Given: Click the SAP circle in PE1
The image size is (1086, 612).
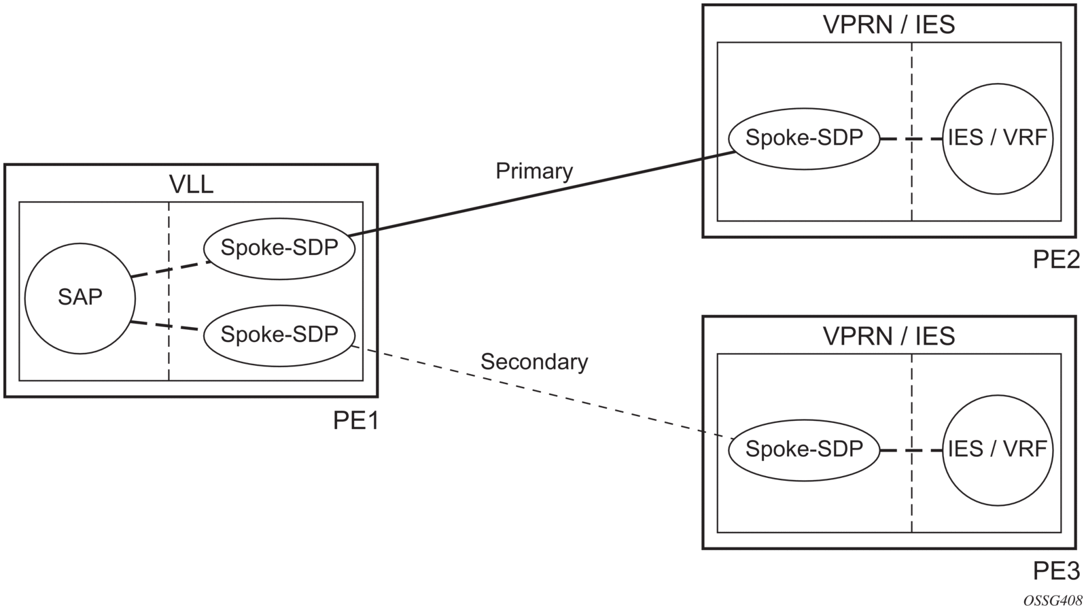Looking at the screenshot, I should pyautogui.click(x=80, y=298).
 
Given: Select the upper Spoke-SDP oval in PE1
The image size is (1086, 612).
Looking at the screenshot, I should pyautogui.click(x=279, y=248).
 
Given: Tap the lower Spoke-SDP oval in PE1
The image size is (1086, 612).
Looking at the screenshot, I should pyautogui.click(x=279, y=335).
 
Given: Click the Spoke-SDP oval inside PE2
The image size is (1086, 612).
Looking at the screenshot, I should pyautogui.click(x=804, y=138).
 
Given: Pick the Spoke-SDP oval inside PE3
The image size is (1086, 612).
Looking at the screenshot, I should pyautogui.click(x=804, y=449).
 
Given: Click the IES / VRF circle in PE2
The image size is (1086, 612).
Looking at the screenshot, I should pyautogui.click(x=997, y=138).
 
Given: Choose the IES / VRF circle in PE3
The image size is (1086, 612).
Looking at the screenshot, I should pyautogui.click(x=997, y=449).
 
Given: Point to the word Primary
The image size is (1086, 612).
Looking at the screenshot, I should pyautogui.click(x=534, y=171).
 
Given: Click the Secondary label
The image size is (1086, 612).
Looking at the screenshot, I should pyautogui.click(x=534, y=362).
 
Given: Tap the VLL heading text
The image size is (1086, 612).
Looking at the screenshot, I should pyautogui.click(x=191, y=184).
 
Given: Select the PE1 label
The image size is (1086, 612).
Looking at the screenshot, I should pyautogui.click(x=355, y=421).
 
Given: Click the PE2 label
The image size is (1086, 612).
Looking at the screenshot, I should pyautogui.click(x=1056, y=259).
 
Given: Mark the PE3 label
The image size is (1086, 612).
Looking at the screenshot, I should pyautogui.click(x=1056, y=571).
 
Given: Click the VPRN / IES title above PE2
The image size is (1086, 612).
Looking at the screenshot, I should pyautogui.click(x=889, y=24).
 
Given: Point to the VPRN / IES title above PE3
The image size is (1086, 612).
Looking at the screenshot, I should pyautogui.click(x=889, y=336).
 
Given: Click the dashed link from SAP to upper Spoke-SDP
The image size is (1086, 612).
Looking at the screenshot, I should pyautogui.click(x=170, y=269).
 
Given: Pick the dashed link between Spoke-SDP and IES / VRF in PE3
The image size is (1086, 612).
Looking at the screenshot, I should pyautogui.click(x=911, y=450).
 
